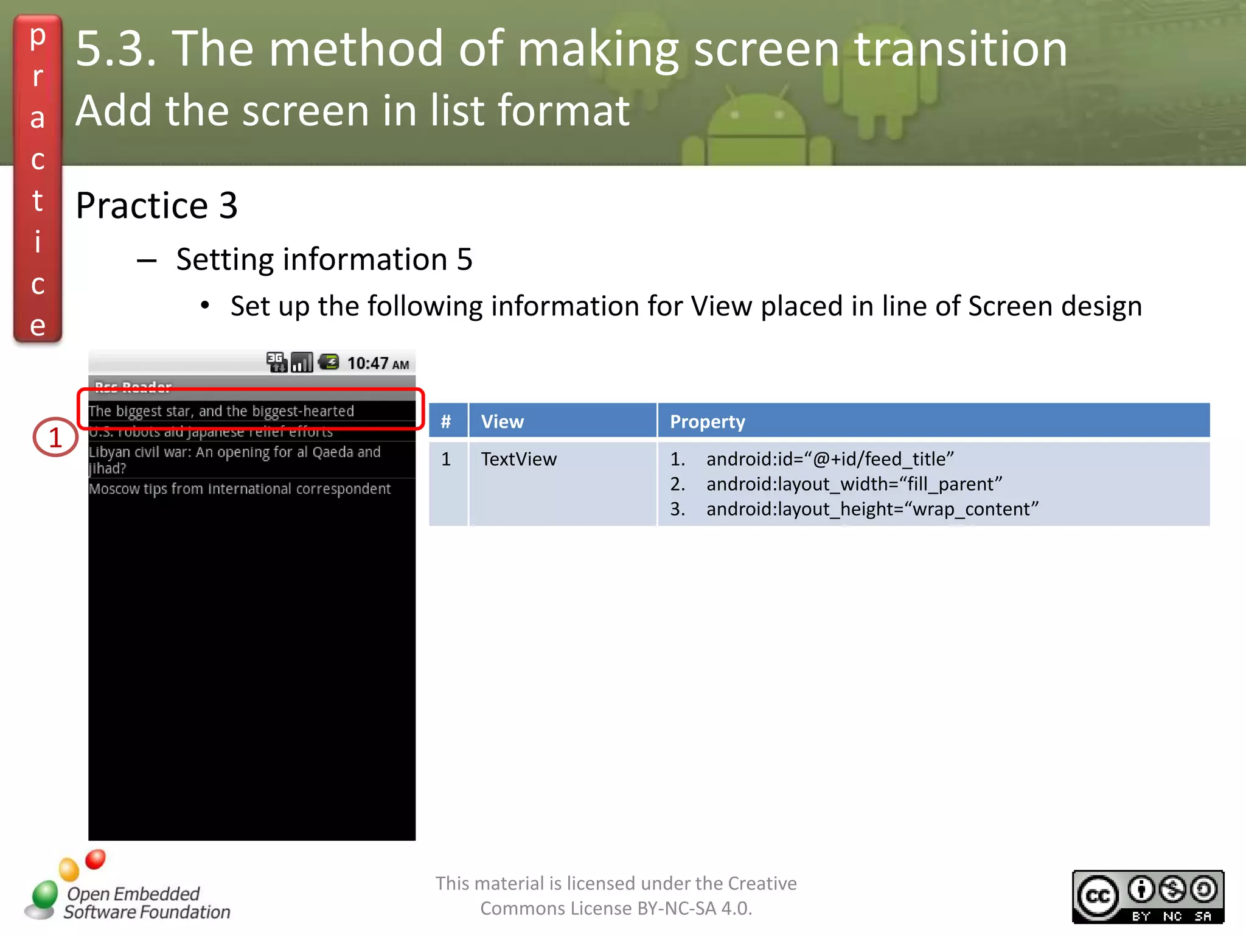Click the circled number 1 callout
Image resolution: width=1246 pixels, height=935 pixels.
[x=55, y=437]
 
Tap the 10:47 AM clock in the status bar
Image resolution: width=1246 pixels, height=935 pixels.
[x=378, y=363]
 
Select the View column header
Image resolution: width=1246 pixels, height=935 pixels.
[x=502, y=421]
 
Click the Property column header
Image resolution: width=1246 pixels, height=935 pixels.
[x=707, y=421]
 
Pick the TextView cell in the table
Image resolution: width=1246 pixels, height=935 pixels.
[x=518, y=459]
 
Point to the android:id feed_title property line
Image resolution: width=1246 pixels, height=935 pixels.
[x=829, y=459]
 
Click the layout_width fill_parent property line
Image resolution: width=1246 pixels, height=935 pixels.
[x=854, y=484]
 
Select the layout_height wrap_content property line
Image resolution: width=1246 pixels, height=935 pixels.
[x=872, y=509]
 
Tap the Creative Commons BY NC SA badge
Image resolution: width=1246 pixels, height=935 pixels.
[x=1147, y=897]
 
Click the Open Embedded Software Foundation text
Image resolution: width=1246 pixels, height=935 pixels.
[x=146, y=903]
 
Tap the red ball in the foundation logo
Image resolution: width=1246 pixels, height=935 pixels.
[x=96, y=860]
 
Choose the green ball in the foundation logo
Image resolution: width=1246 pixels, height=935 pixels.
[x=44, y=894]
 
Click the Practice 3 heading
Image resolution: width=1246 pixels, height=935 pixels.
[x=156, y=205]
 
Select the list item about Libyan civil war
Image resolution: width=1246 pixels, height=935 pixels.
[x=234, y=460]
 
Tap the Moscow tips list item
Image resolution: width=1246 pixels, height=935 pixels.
[x=240, y=489]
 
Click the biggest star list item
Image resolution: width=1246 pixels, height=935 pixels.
[x=221, y=411]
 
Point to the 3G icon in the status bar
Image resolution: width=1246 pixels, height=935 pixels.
[x=276, y=362]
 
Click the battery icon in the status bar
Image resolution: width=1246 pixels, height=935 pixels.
[x=329, y=362]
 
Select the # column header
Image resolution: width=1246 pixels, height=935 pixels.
[x=446, y=421]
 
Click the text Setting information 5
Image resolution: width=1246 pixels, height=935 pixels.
[x=324, y=259]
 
